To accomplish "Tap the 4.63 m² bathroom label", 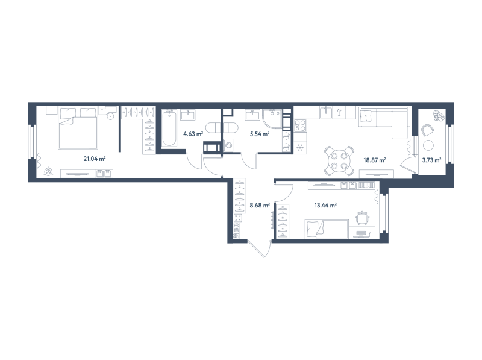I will click(192, 134).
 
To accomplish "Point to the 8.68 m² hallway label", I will click(260, 205).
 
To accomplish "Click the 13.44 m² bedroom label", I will click(325, 205).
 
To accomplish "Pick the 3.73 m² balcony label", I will click(431, 160).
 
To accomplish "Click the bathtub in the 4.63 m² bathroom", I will click(169, 128).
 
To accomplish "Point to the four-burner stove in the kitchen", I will click(301, 126).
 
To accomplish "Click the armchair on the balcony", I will click(428, 130).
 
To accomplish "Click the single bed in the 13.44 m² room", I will click(326, 229).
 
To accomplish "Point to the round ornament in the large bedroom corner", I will click(48, 172).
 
